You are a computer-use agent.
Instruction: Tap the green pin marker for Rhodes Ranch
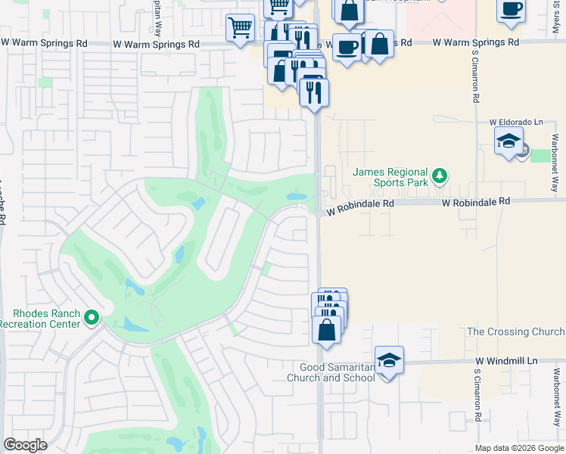click(92, 317)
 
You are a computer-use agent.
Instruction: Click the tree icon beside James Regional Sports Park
click(440, 178)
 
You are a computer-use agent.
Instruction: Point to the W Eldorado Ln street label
click(516, 122)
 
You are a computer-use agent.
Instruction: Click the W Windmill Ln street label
click(505, 362)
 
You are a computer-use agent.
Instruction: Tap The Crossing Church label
click(515, 332)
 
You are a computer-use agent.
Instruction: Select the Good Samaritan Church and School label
click(331, 372)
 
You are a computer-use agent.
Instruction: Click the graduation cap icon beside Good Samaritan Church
click(389, 361)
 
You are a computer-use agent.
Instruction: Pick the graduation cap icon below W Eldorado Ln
click(509, 141)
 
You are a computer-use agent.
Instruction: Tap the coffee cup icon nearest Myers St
click(512, 9)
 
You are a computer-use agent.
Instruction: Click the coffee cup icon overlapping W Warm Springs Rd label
click(347, 47)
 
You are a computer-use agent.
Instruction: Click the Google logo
click(25, 445)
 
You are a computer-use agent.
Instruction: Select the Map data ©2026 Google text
click(519, 448)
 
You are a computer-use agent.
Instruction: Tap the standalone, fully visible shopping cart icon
click(240, 28)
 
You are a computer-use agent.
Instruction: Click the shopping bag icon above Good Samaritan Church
click(327, 331)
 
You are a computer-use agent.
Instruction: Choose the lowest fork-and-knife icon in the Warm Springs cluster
click(313, 92)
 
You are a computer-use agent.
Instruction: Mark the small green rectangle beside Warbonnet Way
click(541, 155)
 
